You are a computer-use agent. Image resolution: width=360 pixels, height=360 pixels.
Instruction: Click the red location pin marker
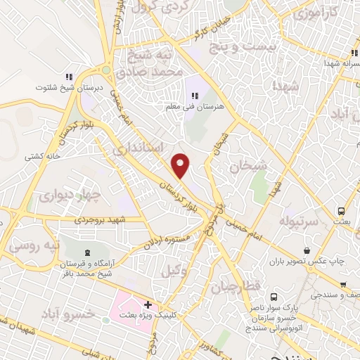pyautogui.click(x=181, y=165)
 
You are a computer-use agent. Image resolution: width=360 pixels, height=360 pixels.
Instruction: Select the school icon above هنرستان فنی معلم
pyautogui.click(x=195, y=95)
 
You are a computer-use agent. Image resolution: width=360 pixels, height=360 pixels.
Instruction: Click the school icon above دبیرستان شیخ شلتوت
pyautogui.click(x=69, y=77)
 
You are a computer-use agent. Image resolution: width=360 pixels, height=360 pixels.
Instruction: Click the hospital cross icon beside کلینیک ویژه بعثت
pyautogui.click(x=148, y=305)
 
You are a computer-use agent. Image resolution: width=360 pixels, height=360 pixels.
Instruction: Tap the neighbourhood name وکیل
pyautogui.click(x=175, y=271)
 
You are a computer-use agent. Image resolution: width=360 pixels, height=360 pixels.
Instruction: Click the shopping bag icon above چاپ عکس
pyautogui.click(x=307, y=250)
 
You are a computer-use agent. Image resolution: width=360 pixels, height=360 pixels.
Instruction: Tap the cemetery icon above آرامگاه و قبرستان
pyautogui.click(x=86, y=252)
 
